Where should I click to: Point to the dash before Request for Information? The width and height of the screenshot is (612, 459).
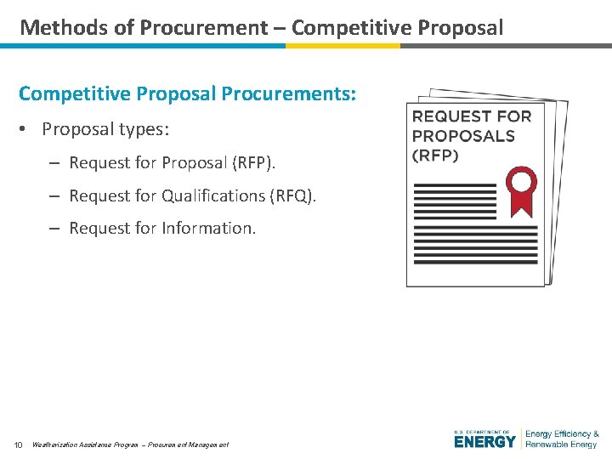pyautogui.click(x=54, y=228)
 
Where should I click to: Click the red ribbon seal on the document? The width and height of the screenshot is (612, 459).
pyautogui.click(x=520, y=190)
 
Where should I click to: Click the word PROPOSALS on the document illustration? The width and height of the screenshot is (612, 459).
pyautogui.click(x=463, y=136)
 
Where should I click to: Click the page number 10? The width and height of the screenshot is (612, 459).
pyautogui.click(x=18, y=445)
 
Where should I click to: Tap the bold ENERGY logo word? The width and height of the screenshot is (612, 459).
pyautogui.click(x=484, y=442)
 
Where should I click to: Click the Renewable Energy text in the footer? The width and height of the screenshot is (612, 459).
pyautogui.click(x=561, y=445)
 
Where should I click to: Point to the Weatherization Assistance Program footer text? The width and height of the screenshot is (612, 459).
pyautogui.click(x=85, y=445)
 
